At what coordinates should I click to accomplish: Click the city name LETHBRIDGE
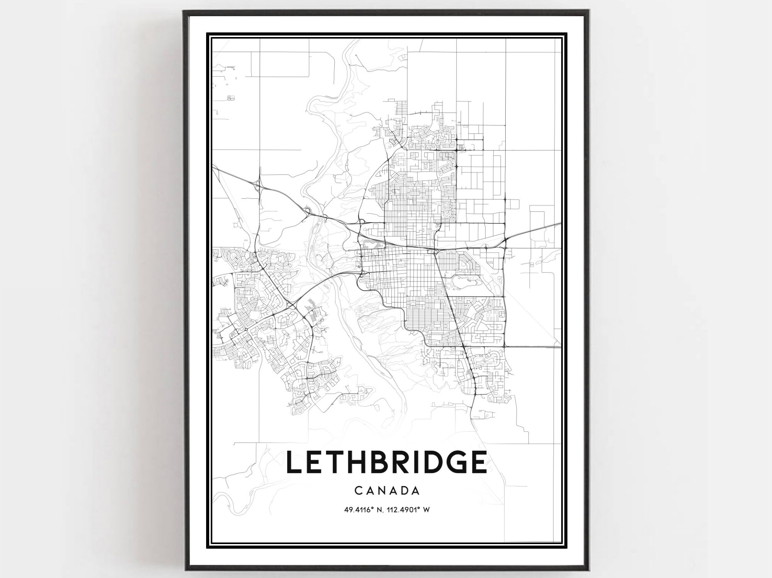(x=386, y=462)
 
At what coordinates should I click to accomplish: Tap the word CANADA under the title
(x=386, y=491)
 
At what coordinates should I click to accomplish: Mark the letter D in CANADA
(x=403, y=491)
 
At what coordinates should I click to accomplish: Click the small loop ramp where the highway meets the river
(x=308, y=211)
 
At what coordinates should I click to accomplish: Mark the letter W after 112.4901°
(x=427, y=510)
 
